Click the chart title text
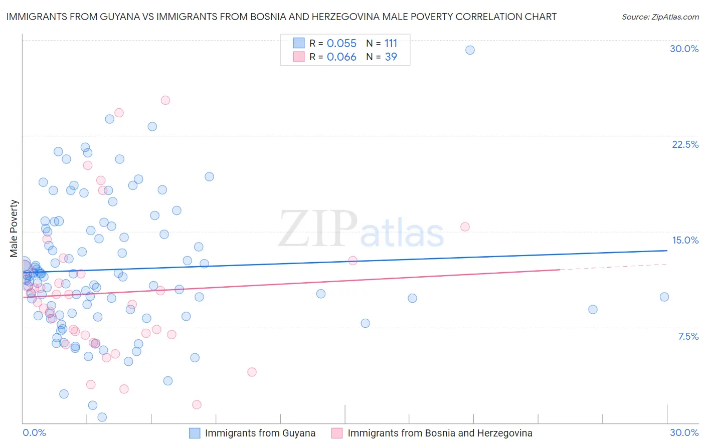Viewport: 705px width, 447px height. click(x=281, y=17)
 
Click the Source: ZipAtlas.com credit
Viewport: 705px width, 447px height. click(x=660, y=17)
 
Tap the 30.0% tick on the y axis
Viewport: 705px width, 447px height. click(x=684, y=49)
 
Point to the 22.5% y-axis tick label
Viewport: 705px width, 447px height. click(x=685, y=144)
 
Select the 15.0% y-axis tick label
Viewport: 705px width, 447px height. click(x=685, y=240)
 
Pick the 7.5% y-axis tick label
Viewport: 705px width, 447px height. click(x=688, y=336)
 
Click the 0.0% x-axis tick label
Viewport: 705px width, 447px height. click(x=34, y=432)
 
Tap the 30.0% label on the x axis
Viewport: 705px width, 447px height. click(x=684, y=432)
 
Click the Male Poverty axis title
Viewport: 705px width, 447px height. click(x=14, y=229)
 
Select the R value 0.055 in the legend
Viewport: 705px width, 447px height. click(x=341, y=44)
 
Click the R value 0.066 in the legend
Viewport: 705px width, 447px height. click(x=341, y=57)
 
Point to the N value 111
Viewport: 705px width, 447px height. click(x=391, y=44)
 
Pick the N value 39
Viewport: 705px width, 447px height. click(x=391, y=57)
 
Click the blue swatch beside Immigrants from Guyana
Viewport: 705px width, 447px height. click(x=195, y=433)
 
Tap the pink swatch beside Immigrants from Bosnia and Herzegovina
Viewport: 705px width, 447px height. click(x=337, y=433)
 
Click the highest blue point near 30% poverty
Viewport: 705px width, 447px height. click(x=470, y=50)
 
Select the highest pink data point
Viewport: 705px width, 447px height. click(x=165, y=100)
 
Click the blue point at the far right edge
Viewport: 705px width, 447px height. click(x=664, y=297)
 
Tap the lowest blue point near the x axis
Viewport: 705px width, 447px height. click(x=102, y=417)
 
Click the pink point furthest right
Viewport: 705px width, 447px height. click(x=465, y=227)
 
